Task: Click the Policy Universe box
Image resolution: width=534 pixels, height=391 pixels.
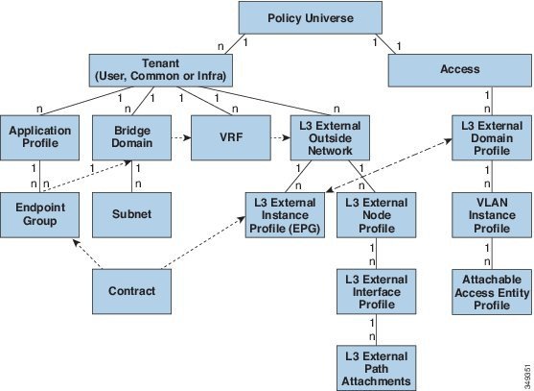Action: click(x=311, y=17)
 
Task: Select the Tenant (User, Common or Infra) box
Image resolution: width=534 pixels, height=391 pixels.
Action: click(x=161, y=70)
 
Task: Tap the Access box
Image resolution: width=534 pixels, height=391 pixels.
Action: click(x=460, y=70)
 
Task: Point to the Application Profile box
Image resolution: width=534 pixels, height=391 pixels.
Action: click(x=40, y=137)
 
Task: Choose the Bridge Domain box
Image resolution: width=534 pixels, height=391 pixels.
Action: click(x=131, y=137)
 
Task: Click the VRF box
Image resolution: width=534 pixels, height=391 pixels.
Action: click(x=231, y=137)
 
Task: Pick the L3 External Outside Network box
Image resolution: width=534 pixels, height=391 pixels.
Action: click(x=330, y=137)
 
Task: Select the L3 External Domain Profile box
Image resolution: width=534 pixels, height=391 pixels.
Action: click(x=492, y=137)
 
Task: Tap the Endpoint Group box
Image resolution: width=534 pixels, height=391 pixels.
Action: click(x=40, y=215)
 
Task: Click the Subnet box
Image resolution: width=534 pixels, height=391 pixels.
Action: click(x=131, y=215)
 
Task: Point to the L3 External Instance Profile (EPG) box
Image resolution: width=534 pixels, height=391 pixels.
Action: click(x=285, y=215)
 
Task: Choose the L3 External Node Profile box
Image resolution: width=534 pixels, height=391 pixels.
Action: click(x=377, y=215)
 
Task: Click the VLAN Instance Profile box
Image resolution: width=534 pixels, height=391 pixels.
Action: click(x=492, y=215)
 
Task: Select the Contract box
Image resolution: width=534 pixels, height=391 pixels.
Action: click(x=131, y=291)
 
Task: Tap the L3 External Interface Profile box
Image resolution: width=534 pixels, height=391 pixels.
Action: click(x=377, y=291)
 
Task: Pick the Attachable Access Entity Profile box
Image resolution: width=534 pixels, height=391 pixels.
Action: click(x=492, y=291)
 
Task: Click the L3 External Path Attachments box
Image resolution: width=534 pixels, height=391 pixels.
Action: click(x=377, y=368)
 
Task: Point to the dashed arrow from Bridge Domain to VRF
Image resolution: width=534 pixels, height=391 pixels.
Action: click(x=181, y=137)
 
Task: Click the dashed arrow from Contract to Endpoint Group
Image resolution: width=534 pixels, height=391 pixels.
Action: click(x=87, y=254)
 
